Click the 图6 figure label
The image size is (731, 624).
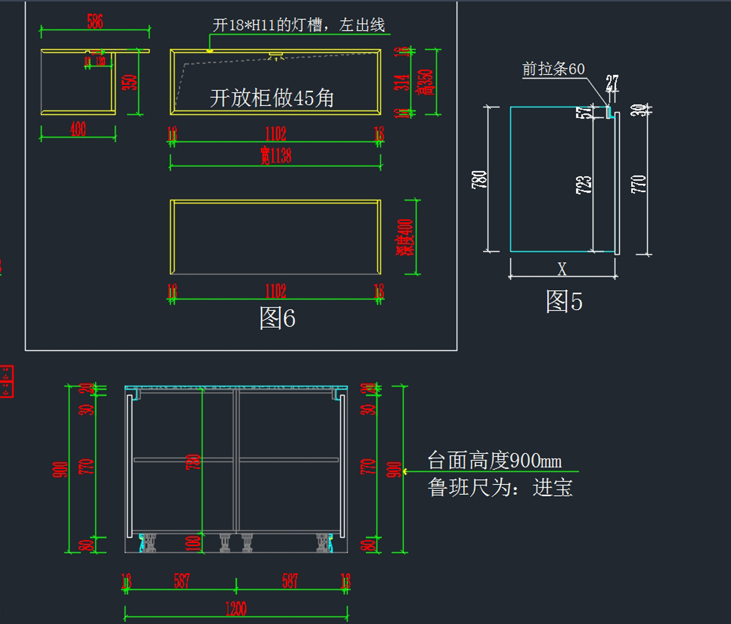click(x=277, y=318)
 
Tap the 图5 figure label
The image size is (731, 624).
click(x=563, y=301)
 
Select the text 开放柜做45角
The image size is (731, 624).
click(x=272, y=97)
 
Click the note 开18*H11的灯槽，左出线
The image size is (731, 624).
click(x=298, y=25)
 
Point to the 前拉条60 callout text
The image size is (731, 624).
click(x=553, y=69)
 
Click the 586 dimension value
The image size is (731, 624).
click(x=95, y=22)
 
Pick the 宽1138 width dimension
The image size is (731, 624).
click(x=275, y=156)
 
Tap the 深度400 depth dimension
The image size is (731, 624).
click(x=404, y=237)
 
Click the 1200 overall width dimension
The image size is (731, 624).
click(x=235, y=608)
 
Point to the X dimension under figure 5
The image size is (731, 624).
click(x=562, y=269)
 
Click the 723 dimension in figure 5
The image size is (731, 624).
click(x=583, y=185)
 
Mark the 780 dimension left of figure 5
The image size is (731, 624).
click(x=479, y=180)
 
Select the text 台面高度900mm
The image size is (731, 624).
click(x=494, y=460)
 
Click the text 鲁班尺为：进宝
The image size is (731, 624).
click(x=500, y=487)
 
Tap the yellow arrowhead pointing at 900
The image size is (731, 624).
click(x=406, y=471)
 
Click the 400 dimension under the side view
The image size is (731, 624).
click(x=78, y=129)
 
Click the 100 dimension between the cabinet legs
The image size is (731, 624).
click(x=196, y=543)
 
